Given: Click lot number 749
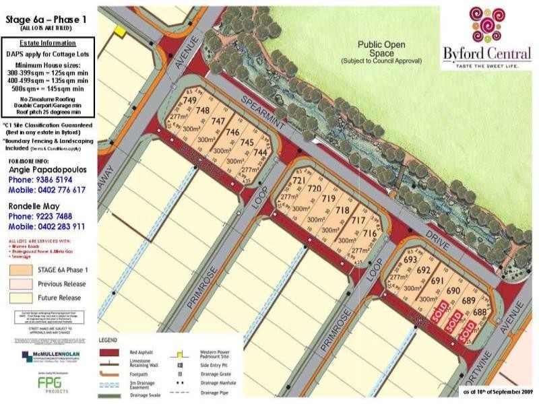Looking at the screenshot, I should [x=189, y=100].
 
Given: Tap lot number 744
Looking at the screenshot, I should [x=260, y=154].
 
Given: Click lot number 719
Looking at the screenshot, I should [x=328, y=199].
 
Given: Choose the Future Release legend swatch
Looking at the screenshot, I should [x=23, y=296].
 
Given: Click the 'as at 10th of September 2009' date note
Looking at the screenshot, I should [x=497, y=391].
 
